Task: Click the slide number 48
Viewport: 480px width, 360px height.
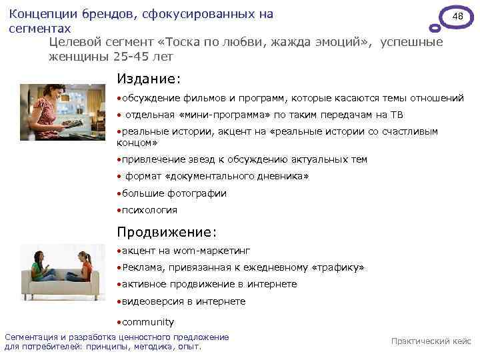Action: [x=457, y=15]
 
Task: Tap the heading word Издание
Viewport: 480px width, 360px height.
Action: [x=148, y=79]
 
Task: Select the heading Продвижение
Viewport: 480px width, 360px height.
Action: [x=166, y=232]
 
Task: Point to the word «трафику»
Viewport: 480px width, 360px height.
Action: [x=337, y=267]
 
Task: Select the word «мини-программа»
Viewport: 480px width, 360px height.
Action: [x=217, y=115]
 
